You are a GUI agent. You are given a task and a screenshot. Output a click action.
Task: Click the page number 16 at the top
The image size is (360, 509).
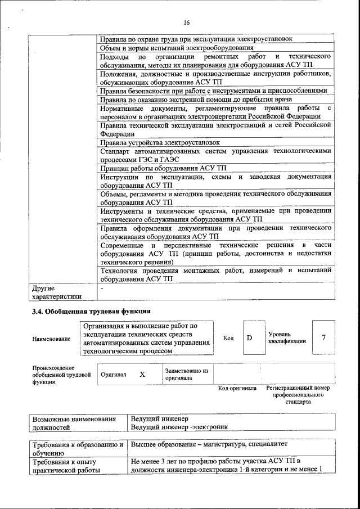point(187,22)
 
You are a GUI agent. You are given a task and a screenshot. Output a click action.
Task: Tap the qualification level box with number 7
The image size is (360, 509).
point(323,337)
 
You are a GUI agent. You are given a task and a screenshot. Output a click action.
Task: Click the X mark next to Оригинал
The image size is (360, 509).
point(142,374)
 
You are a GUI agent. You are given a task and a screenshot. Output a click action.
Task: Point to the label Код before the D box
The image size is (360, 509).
point(228,337)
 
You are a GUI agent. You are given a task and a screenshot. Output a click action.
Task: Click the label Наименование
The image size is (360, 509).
point(52,339)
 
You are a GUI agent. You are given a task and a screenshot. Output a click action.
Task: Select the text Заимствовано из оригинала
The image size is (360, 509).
point(187,375)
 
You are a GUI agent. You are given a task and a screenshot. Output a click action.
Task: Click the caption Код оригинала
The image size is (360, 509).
point(237,388)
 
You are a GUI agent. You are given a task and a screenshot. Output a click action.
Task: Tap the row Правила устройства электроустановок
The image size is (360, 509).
point(160,143)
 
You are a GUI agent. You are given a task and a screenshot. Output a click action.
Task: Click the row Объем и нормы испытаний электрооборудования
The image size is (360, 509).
point(175,48)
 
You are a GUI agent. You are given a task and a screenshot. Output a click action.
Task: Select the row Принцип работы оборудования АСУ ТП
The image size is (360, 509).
point(163,168)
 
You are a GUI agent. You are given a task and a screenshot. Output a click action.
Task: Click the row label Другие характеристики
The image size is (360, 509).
point(57,292)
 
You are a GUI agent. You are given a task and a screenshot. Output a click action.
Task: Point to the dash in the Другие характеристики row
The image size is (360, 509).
point(102,288)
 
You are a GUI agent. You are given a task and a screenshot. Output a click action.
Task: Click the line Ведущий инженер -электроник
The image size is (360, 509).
point(179,427)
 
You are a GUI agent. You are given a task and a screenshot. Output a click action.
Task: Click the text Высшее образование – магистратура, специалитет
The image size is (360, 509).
point(209,444)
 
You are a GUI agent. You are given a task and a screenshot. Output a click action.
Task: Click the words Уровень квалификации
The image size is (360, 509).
point(287,337)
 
